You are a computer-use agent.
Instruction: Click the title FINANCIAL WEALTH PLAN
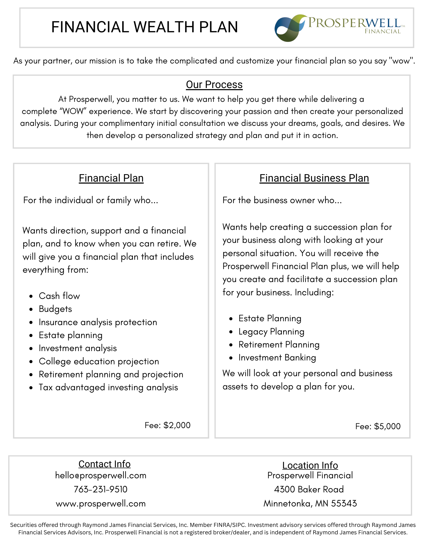144,27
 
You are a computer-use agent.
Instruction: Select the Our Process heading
214,85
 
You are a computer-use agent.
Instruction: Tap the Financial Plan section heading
111,178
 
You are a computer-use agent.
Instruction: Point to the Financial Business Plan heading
314,178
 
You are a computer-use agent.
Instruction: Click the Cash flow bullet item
59,296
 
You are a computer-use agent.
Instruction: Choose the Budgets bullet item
55,309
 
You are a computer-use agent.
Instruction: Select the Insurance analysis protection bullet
98,322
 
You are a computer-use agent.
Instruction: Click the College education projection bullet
99,361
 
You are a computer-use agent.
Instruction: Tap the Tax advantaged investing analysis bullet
108,387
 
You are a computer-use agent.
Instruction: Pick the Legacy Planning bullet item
271,331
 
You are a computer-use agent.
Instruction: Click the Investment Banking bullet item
277,357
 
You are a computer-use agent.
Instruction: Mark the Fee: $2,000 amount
168,425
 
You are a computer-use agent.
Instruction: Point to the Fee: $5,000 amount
378,426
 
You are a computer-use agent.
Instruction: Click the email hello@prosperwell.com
101,475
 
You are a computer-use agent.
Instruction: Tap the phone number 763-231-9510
101,489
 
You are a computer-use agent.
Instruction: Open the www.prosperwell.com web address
101,503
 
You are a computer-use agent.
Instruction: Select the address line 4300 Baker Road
309,489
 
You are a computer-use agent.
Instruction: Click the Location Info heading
310,465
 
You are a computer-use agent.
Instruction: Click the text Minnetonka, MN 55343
310,503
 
